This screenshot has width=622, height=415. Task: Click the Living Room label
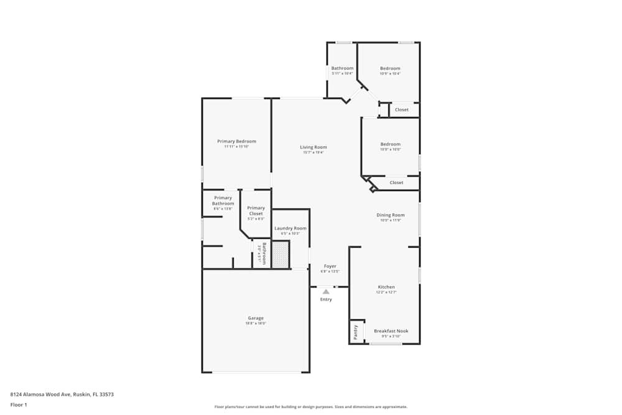[313, 147]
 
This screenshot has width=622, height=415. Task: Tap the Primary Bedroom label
[236, 141]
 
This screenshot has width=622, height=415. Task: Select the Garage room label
[256, 318]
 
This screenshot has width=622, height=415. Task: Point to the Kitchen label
[386, 287]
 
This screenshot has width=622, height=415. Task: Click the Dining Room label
[391, 215]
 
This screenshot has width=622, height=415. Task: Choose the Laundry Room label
[290, 228]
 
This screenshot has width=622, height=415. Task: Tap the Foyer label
[330, 266]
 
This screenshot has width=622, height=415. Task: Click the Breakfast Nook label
[391, 331]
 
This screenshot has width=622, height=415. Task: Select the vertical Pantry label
[356, 332]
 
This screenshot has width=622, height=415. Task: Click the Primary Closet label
[256, 210]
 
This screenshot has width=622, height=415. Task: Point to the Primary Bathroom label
[223, 200]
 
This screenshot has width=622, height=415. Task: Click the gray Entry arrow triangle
[326, 291]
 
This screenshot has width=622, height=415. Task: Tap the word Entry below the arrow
[326, 299]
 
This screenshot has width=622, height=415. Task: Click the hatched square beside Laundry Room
[281, 254]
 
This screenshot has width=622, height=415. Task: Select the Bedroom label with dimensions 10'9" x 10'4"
[390, 68]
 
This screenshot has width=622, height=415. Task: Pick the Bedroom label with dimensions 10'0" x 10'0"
[390, 144]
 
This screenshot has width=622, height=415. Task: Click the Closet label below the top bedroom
[402, 110]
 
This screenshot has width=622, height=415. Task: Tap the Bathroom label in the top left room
[342, 68]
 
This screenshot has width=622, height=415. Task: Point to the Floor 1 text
[19, 404]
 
